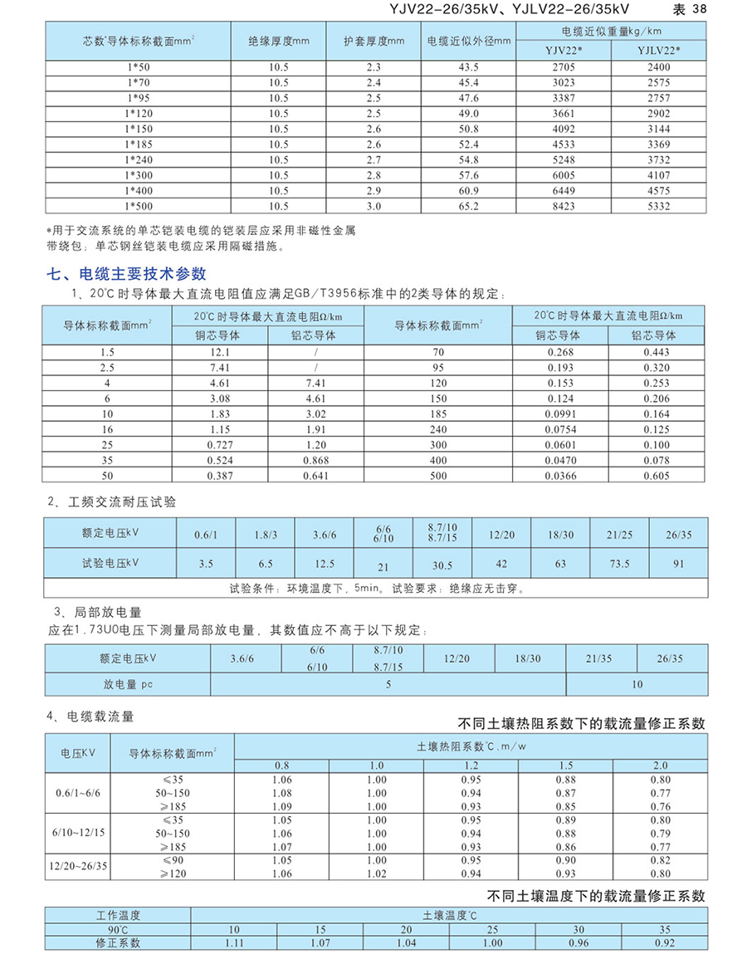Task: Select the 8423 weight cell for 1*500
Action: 564,206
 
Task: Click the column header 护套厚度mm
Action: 374,40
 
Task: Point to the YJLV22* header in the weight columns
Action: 658,51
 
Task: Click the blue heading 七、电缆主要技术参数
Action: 129,273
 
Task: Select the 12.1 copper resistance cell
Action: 220,352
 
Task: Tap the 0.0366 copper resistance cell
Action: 559,475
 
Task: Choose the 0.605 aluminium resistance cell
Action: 657,475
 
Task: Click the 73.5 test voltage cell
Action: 619,565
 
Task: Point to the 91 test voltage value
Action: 679,565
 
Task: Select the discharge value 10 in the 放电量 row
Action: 637,685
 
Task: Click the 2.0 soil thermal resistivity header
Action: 661,765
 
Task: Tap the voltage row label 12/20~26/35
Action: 78,867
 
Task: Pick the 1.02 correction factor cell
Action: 377,873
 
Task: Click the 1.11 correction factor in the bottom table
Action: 235,943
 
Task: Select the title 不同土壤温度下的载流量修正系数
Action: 595,896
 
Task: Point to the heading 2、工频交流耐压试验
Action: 111,502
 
